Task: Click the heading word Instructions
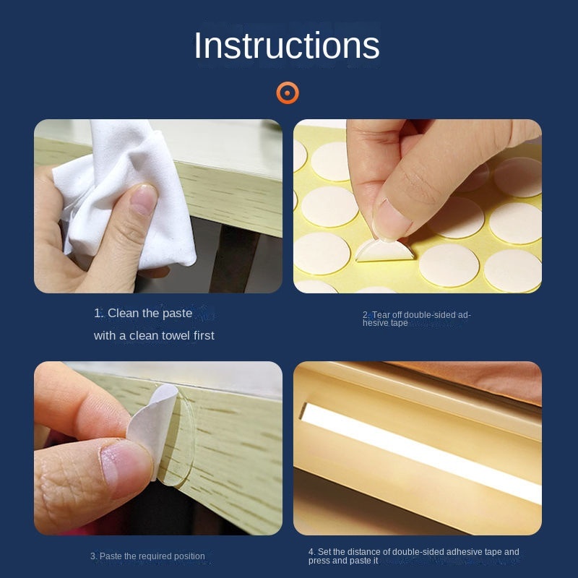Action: point(286,46)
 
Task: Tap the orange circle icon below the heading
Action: point(288,93)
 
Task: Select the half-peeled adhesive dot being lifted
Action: point(384,250)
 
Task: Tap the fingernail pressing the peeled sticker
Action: point(391,220)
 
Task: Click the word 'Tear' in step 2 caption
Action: point(381,315)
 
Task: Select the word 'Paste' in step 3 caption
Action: point(111,556)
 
